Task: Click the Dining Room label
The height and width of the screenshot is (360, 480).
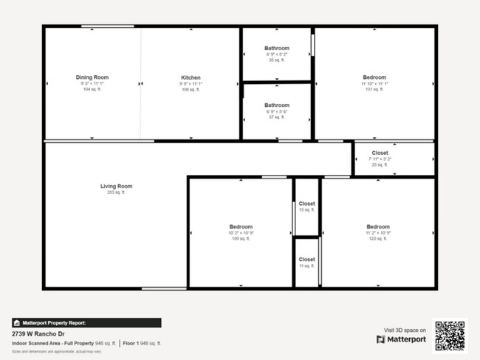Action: [92, 77]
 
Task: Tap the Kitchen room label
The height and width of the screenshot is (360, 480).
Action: [191, 77]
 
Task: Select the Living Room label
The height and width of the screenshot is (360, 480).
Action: [116, 186]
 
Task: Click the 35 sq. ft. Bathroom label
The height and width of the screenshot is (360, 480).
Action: [277, 49]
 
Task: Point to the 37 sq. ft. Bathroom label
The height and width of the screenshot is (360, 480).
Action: [277, 105]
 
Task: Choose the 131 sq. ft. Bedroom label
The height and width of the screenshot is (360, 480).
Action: [374, 77]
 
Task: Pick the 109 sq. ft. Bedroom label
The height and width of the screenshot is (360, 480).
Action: [241, 226]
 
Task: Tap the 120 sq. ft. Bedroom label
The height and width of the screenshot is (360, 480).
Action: [378, 226]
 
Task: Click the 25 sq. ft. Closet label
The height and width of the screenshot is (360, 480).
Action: [380, 153]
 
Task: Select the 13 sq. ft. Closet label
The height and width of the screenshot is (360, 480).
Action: [306, 204]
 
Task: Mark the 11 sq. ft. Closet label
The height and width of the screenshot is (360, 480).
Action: [306, 260]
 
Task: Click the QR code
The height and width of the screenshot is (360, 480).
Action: [450, 334]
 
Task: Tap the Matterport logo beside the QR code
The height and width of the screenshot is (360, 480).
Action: [401, 339]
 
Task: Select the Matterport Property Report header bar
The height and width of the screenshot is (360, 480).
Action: [86, 322]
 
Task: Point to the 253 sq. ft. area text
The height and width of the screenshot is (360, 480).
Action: [116, 193]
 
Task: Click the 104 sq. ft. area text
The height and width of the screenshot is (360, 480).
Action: [92, 89]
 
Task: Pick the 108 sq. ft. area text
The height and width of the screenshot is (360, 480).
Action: [191, 89]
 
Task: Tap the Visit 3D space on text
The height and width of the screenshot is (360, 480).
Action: [405, 330]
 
